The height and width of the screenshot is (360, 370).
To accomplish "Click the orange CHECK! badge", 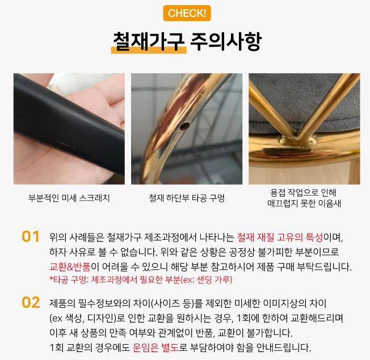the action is pyautogui.click(x=187, y=13).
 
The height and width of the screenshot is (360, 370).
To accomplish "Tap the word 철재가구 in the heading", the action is pyautogui.click(x=149, y=41).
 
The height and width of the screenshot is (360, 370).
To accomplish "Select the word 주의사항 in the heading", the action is pyautogui.click(x=226, y=41).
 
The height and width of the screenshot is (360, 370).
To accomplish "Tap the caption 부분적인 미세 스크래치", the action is pyautogui.click(x=69, y=198).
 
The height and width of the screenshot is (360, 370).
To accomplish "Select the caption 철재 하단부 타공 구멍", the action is pyautogui.click(x=187, y=198).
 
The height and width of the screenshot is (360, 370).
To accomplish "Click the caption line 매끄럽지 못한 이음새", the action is pyautogui.click(x=304, y=203).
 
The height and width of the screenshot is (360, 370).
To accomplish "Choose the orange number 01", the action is pyautogui.click(x=31, y=236).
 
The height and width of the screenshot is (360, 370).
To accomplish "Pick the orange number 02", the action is pyautogui.click(x=31, y=302).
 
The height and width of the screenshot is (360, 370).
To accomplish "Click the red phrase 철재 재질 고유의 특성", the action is pyautogui.click(x=280, y=237).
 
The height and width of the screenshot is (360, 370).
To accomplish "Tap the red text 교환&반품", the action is pyautogui.click(x=70, y=266).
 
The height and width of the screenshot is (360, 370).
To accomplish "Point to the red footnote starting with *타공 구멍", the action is pyautogui.click(x=141, y=279).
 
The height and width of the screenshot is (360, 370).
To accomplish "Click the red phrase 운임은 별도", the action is pyautogui.click(x=156, y=348).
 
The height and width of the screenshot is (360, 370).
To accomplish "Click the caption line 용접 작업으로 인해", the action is pyautogui.click(x=303, y=193).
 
